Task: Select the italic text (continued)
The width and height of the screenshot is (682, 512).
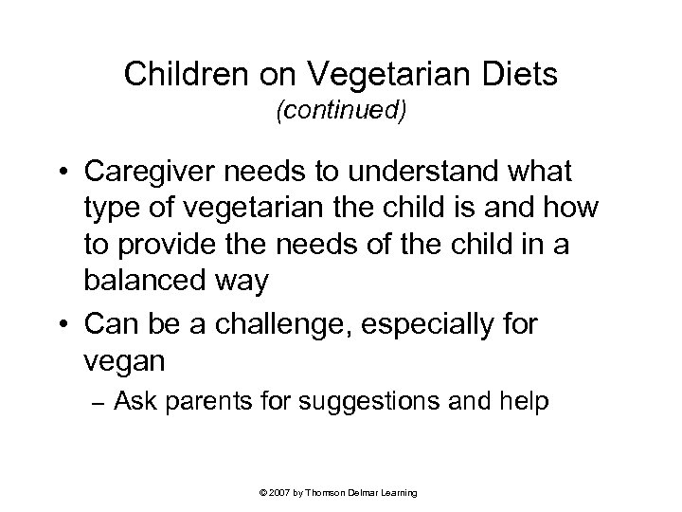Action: [341, 112]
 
